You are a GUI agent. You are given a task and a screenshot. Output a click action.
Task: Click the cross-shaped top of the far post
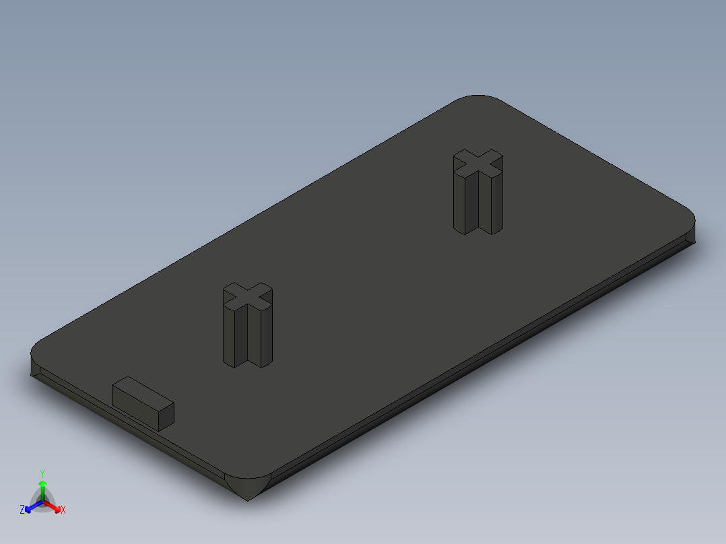[x=479, y=162]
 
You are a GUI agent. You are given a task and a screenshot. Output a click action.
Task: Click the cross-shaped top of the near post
[x=248, y=296]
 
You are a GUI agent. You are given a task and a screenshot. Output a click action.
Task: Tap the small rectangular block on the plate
[x=143, y=403]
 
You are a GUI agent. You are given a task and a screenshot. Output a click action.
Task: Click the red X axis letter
[x=63, y=510]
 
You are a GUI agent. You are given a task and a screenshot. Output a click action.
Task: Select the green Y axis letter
[x=42, y=473]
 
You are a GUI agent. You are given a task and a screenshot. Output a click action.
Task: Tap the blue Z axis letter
[x=22, y=510]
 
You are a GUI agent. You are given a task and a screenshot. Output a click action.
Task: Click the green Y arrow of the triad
[x=42, y=486]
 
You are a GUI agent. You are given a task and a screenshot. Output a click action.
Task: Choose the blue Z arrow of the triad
[x=30, y=508]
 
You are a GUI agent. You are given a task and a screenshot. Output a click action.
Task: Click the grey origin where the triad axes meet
[x=42, y=502]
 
